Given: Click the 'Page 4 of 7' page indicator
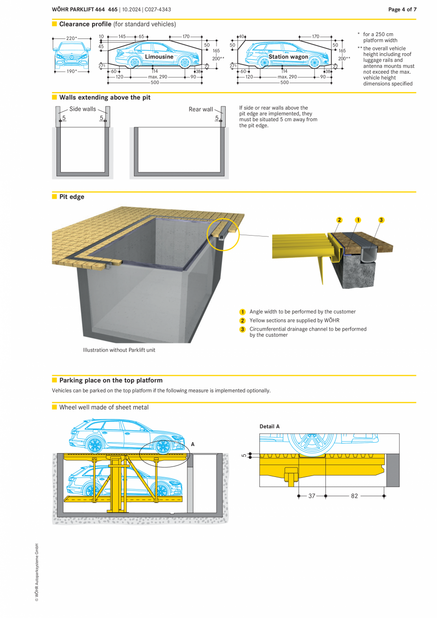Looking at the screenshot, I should pyautogui.click(x=402, y=10).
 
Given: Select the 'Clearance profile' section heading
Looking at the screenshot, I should pyautogui.click(x=85, y=24).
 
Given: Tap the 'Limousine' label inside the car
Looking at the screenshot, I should pyautogui.click(x=159, y=57).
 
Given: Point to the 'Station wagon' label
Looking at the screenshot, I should pyautogui.click(x=288, y=57).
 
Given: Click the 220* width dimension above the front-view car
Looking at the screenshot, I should pyautogui.click(x=71, y=38).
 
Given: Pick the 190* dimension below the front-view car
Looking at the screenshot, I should pyautogui.click(x=71, y=71).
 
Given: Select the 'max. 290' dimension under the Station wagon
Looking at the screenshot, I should pyautogui.click(x=287, y=76).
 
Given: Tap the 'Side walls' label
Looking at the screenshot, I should pyautogui.click(x=83, y=109).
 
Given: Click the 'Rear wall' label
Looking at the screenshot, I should pyautogui.click(x=201, y=109).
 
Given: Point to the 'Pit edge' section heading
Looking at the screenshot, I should pyautogui.click(x=72, y=197).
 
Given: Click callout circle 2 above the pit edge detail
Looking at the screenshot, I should pyautogui.click(x=339, y=219).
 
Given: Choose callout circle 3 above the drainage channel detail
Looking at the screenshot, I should pyautogui.click(x=381, y=219).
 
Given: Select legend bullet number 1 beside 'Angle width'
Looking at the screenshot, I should pyautogui.click(x=242, y=312).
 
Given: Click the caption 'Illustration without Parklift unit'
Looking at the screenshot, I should pyautogui.click(x=119, y=350).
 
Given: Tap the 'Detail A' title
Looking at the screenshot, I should pyautogui.click(x=269, y=427).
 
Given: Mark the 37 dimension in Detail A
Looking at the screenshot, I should pyautogui.click(x=312, y=496).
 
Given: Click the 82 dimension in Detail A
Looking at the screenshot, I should pyautogui.click(x=354, y=496).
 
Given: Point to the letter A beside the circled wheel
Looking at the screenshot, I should pyautogui.click(x=192, y=444).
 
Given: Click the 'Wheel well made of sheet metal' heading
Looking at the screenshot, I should pyautogui.click(x=104, y=407).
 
